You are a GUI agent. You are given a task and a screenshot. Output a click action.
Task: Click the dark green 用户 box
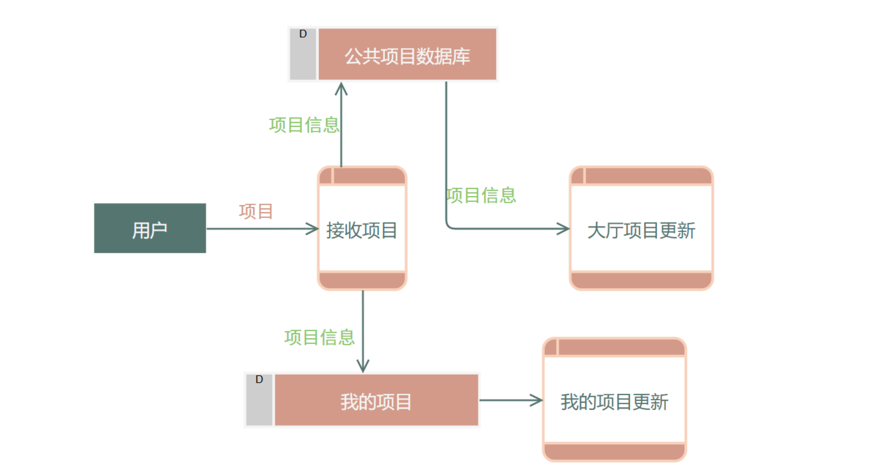[150, 228]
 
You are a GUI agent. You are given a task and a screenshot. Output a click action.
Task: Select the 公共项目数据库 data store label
[407, 56]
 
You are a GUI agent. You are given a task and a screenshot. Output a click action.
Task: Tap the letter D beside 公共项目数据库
[303, 34]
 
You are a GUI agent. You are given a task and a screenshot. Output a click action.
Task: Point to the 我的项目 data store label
[376, 402]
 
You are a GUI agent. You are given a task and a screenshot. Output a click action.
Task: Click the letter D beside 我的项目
[259, 379]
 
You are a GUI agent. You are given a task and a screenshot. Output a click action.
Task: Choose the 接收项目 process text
[361, 230]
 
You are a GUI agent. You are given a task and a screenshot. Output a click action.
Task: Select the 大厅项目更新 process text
[641, 230]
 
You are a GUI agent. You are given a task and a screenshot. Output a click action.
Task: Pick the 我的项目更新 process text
[614, 402]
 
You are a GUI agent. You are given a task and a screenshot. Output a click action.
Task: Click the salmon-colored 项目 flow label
[256, 211]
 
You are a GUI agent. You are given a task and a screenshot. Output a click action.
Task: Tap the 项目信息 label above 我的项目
[319, 337]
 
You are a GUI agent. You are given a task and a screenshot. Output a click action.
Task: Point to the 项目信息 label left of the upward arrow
[304, 125]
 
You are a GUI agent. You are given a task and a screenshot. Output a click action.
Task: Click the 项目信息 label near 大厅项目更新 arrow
[481, 195]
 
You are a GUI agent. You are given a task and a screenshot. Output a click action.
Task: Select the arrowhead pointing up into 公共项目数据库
[341, 88]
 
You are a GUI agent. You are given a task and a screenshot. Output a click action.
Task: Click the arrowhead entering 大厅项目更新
[564, 229]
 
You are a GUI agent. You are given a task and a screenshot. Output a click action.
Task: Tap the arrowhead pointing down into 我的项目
[363, 367]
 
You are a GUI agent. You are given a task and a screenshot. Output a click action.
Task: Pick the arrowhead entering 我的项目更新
[537, 400]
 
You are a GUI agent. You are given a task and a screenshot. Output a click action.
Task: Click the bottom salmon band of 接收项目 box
[362, 280]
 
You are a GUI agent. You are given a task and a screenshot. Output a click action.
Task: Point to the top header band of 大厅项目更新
[648, 176]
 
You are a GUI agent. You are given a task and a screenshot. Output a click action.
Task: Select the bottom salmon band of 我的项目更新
[614, 452]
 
